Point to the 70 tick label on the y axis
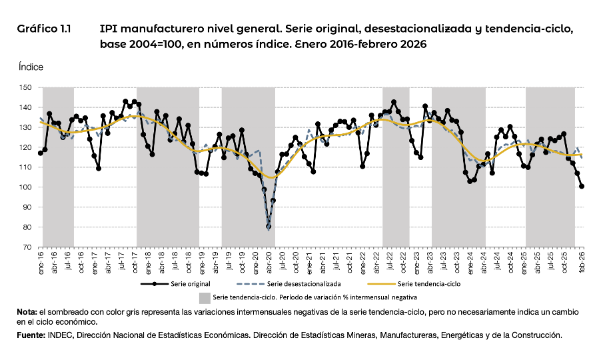[27, 247]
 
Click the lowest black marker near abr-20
[269, 226]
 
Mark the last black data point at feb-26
[582, 186]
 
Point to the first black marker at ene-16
[41, 153]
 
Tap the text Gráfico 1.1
[44, 29]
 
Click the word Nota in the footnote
[27, 312]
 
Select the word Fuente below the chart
[31, 335]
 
